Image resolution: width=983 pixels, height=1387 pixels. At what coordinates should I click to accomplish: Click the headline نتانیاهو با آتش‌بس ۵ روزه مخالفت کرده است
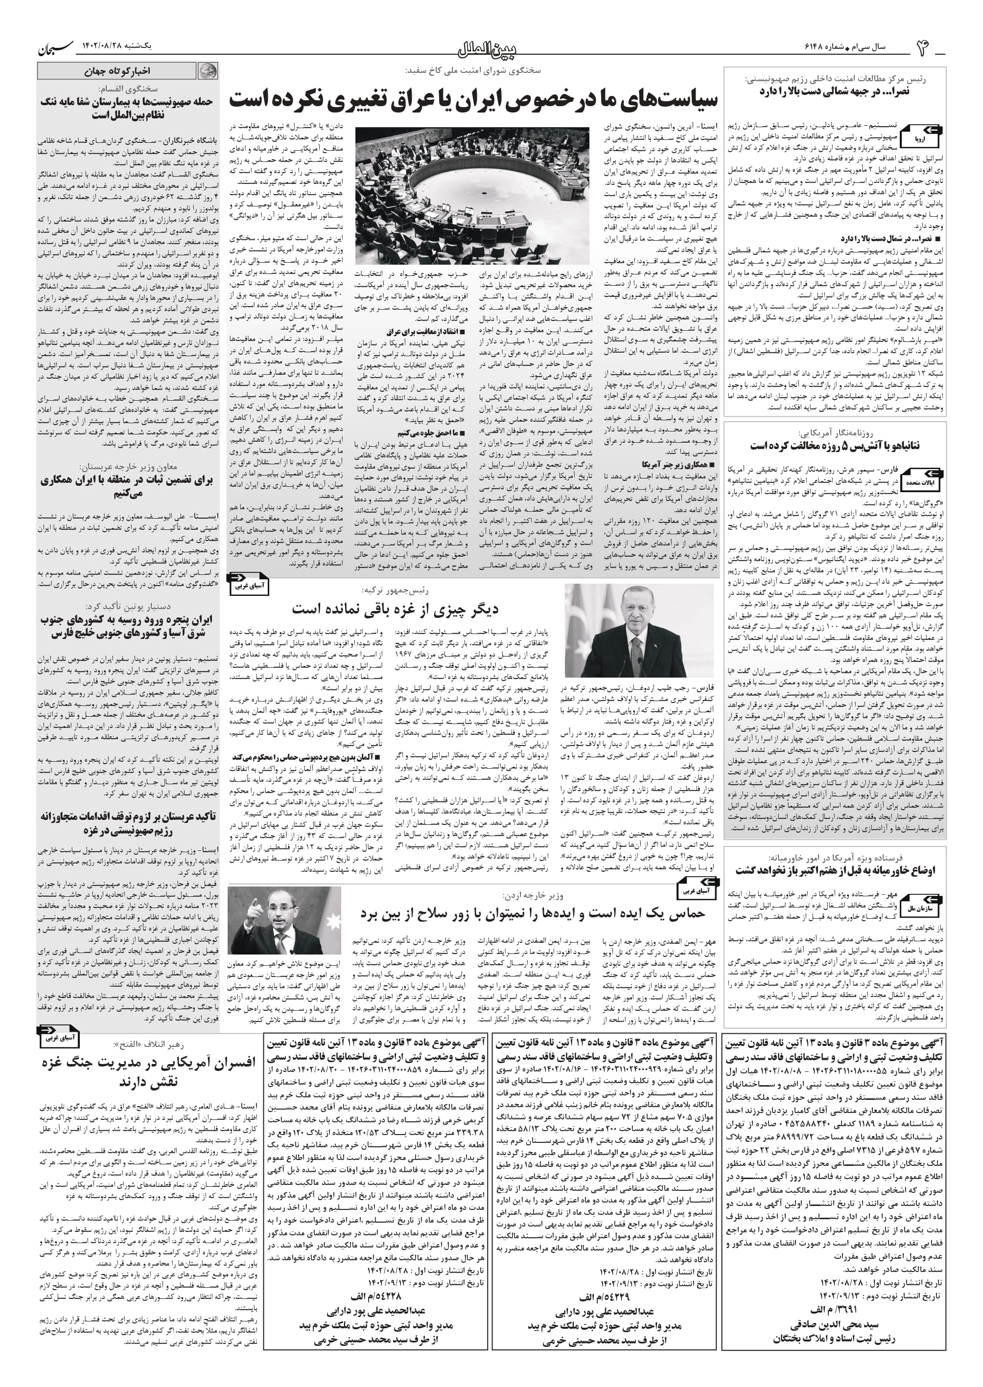pyautogui.click(x=835, y=446)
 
